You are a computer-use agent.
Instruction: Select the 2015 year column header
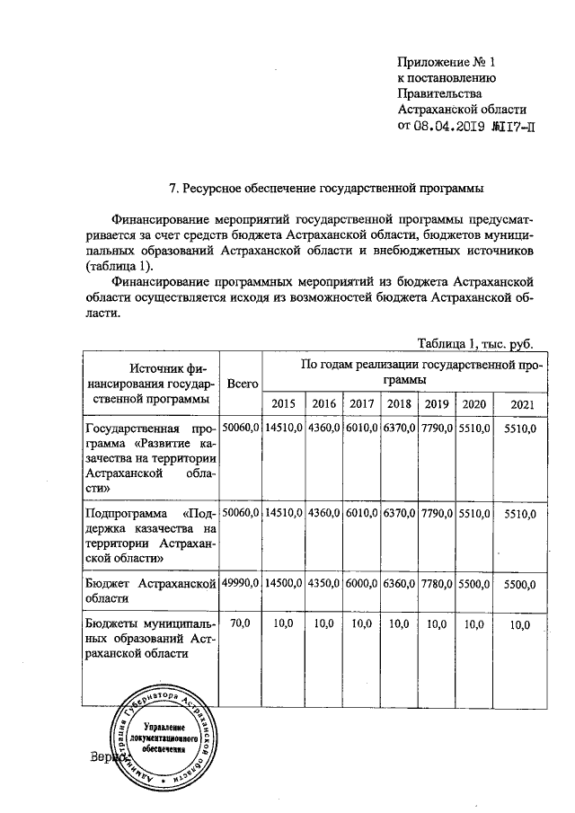[x=283, y=404]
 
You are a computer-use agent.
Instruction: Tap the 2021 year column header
[x=521, y=404]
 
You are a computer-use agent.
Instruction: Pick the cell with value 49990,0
[x=242, y=584]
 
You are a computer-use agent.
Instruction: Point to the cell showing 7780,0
[x=437, y=584]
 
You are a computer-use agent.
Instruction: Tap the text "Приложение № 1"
[x=447, y=62]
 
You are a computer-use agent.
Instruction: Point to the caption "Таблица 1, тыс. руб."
[x=476, y=343]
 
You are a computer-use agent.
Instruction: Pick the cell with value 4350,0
[x=323, y=584]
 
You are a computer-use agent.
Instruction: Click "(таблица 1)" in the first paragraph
[x=119, y=267]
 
